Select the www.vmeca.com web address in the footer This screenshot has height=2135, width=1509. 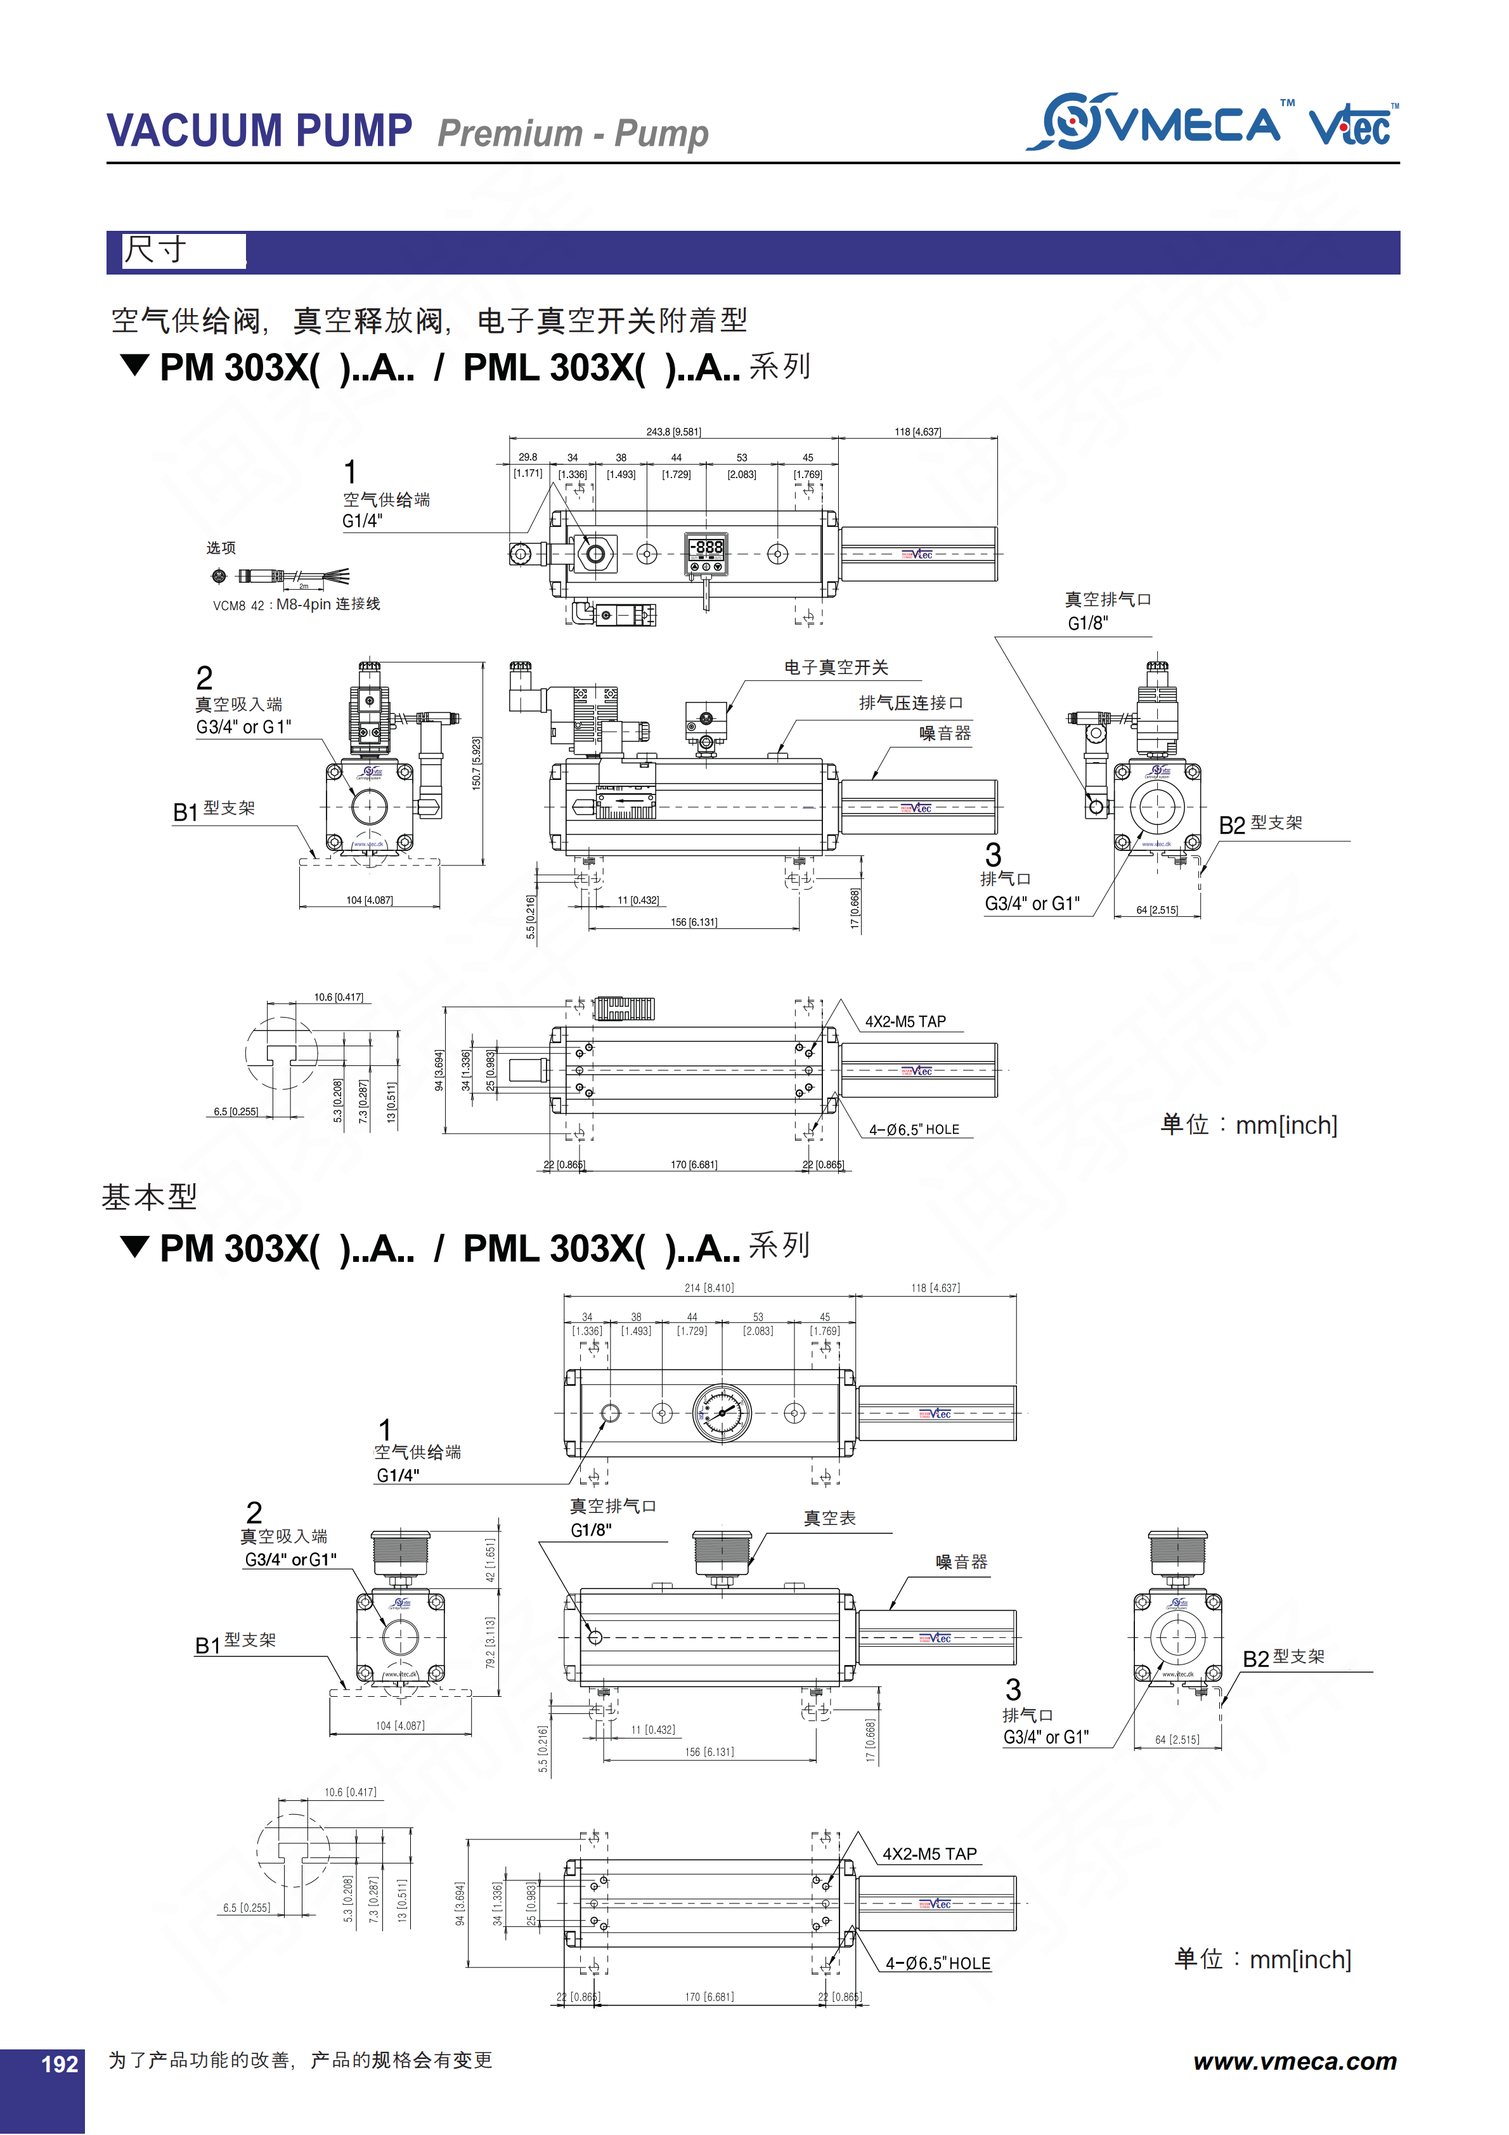click(x=1294, y=2061)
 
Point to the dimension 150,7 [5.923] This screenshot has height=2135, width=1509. click(x=476, y=762)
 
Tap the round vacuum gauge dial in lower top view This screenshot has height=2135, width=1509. click(x=722, y=1413)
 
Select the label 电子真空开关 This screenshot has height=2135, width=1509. click(x=835, y=666)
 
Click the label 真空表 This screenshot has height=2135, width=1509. click(x=829, y=1517)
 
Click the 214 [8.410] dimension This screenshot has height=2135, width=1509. click(x=708, y=1288)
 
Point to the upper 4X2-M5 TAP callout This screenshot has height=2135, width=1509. click(x=905, y=1021)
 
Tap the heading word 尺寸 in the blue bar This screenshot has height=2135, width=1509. click(x=156, y=250)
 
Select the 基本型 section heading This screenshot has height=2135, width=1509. click(x=149, y=1197)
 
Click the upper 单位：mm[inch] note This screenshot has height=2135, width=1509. click(x=1248, y=1124)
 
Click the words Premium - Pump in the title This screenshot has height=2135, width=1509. click(x=573, y=133)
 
